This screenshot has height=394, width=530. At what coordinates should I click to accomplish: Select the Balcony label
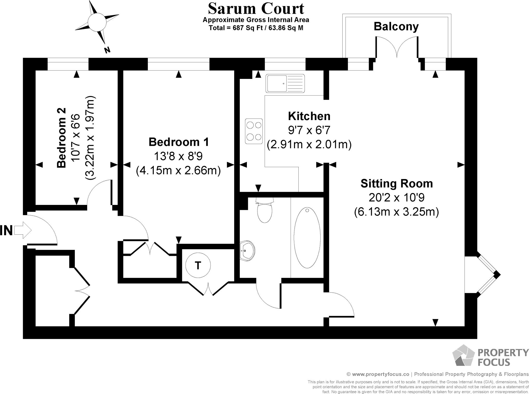396,26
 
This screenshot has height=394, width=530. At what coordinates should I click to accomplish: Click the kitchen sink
285,84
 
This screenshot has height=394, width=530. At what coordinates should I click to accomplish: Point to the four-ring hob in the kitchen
254,131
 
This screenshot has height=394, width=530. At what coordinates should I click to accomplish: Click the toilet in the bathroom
265,211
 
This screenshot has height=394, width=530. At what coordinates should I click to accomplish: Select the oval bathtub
307,237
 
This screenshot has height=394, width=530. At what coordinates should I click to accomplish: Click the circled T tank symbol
198,265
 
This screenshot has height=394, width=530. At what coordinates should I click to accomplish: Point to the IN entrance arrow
23,230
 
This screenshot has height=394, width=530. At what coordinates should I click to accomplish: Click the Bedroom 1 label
179,142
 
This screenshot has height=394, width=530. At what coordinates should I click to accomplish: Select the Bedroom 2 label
62,138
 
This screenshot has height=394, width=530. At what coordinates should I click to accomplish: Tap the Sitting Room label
396,183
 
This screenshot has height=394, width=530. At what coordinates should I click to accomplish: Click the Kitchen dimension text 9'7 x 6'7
309,130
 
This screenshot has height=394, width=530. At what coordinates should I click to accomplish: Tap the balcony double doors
396,48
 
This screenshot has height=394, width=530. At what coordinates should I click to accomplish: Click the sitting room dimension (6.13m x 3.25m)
396,212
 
